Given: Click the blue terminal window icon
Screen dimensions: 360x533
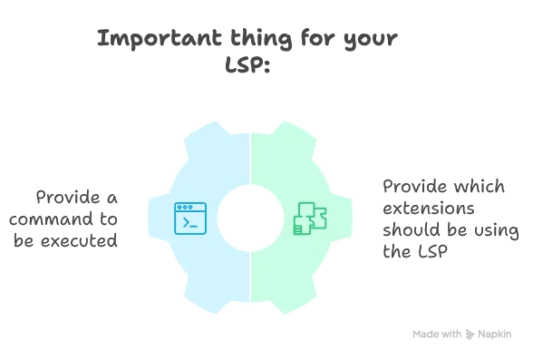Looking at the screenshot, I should [x=190, y=218].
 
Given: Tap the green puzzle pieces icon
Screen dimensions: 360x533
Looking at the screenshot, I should [x=310, y=219].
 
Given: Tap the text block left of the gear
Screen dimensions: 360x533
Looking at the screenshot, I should [x=65, y=219].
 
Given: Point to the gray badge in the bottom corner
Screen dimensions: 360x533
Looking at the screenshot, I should [x=463, y=334].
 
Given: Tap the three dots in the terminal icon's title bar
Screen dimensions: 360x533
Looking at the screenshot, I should [x=184, y=208].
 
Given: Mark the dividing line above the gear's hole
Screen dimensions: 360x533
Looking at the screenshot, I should [x=250, y=160].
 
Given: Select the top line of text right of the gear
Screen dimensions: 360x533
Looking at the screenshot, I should [x=440, y=186].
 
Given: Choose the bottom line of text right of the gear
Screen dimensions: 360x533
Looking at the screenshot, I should [x=412, y=255].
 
